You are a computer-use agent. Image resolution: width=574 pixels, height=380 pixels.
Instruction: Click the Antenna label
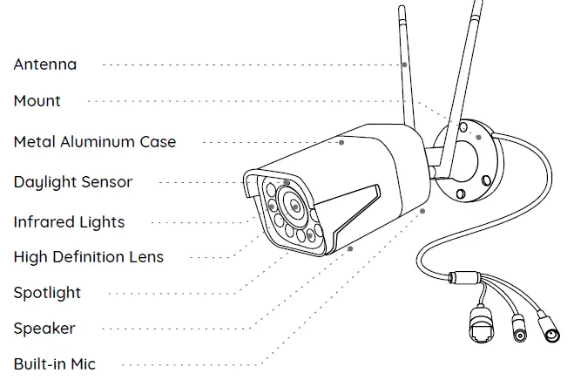pos(44,64)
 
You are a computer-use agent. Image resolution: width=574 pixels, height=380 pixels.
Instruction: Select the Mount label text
pos(37,101)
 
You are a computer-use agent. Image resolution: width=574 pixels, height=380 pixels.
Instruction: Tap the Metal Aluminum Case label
pos(94,141)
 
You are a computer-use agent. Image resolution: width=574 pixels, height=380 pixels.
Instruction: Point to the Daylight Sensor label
pos(73,182)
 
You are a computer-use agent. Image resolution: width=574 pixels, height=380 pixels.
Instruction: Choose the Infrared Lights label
pos(69,222)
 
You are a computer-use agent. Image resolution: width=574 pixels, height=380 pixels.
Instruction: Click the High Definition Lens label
pos(88,257)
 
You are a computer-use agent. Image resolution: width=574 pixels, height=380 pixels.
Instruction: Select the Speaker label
pos(44,329)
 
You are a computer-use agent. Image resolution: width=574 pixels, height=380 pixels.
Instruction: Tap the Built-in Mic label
pos(54,364)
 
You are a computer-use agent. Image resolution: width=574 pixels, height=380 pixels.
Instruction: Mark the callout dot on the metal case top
pos(342,141)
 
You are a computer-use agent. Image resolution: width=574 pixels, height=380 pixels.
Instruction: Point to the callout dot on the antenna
pos(405,64)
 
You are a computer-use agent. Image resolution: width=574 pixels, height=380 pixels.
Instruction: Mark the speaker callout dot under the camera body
pos(351,248)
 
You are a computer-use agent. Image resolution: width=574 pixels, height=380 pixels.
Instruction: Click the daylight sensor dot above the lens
pos(287,184)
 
